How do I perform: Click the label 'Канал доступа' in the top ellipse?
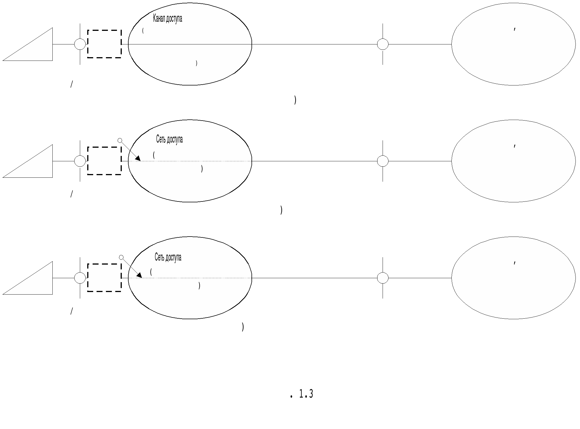coord(167,19)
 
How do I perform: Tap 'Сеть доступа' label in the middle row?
coord(169,139)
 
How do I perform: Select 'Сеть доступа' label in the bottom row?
coord(168,257)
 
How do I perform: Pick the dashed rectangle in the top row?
coord(105,30)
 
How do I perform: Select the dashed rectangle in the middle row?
coord(105,147)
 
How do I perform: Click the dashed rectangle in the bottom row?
coord(105,264)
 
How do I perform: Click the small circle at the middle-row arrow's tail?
coord(120,140)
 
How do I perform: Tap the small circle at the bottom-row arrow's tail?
coord(121,257)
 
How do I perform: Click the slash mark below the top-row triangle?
coord(72,84)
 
